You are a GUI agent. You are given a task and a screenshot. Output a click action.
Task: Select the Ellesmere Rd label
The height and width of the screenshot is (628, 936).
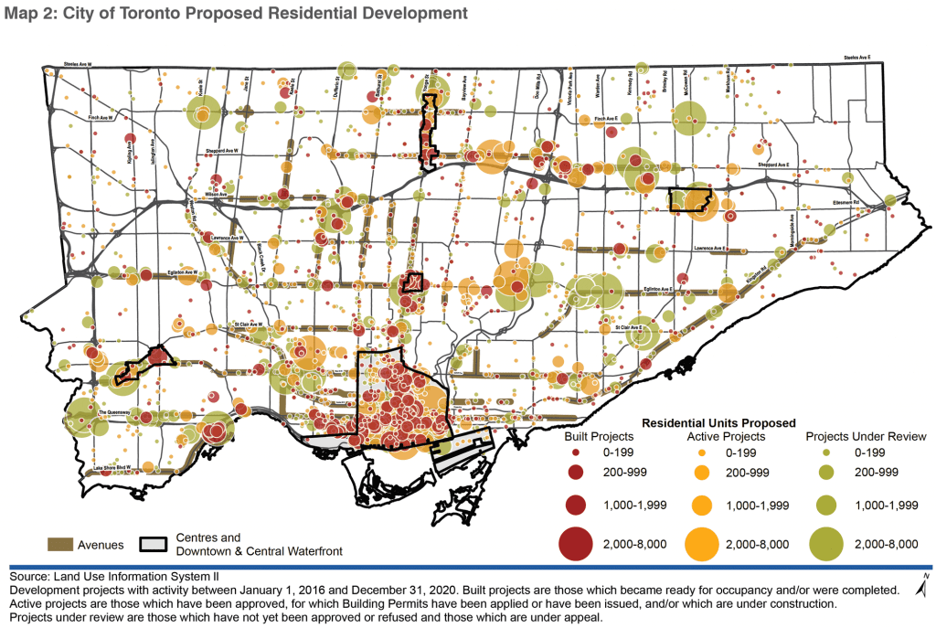871,203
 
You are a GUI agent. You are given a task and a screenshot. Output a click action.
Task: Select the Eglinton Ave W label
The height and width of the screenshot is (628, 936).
180,271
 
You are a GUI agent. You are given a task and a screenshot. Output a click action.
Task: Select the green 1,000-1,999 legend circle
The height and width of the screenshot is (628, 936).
823,506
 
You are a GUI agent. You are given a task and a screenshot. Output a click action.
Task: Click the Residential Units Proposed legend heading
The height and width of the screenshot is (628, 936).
718,423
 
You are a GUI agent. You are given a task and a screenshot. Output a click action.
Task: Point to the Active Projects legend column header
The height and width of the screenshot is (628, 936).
723,437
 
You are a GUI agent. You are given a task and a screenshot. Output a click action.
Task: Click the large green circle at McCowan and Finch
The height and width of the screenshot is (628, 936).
689,117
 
